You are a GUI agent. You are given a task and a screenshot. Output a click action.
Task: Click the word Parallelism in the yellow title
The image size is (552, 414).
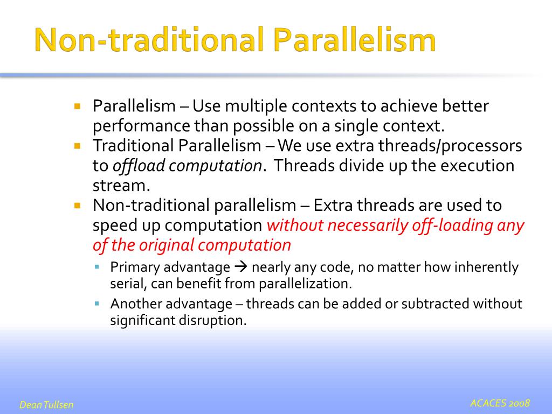(355, 40)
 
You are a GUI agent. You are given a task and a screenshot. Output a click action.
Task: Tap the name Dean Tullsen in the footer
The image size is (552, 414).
(46, 405)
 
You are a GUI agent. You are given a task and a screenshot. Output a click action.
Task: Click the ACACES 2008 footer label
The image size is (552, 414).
(500, 403)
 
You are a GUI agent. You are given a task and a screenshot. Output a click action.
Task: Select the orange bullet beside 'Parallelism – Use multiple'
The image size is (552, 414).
(78, 106)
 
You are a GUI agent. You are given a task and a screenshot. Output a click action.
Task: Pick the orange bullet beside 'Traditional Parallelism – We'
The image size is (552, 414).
(78, 146)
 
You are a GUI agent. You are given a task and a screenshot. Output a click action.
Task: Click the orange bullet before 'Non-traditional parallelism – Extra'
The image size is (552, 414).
(78, 205)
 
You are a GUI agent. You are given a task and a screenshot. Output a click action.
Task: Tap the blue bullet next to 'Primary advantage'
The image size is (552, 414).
(97, 267)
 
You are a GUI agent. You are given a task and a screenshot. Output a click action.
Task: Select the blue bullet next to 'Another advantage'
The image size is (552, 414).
(97, 303)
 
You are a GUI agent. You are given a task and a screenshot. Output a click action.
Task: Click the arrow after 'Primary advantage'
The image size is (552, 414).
(241, 267)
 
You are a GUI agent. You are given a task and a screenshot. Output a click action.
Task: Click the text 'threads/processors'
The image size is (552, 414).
(450, 146)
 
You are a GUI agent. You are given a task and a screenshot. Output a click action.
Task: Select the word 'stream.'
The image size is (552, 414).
(121, 185)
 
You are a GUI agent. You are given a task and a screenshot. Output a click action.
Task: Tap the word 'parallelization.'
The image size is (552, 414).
(306, 284)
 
